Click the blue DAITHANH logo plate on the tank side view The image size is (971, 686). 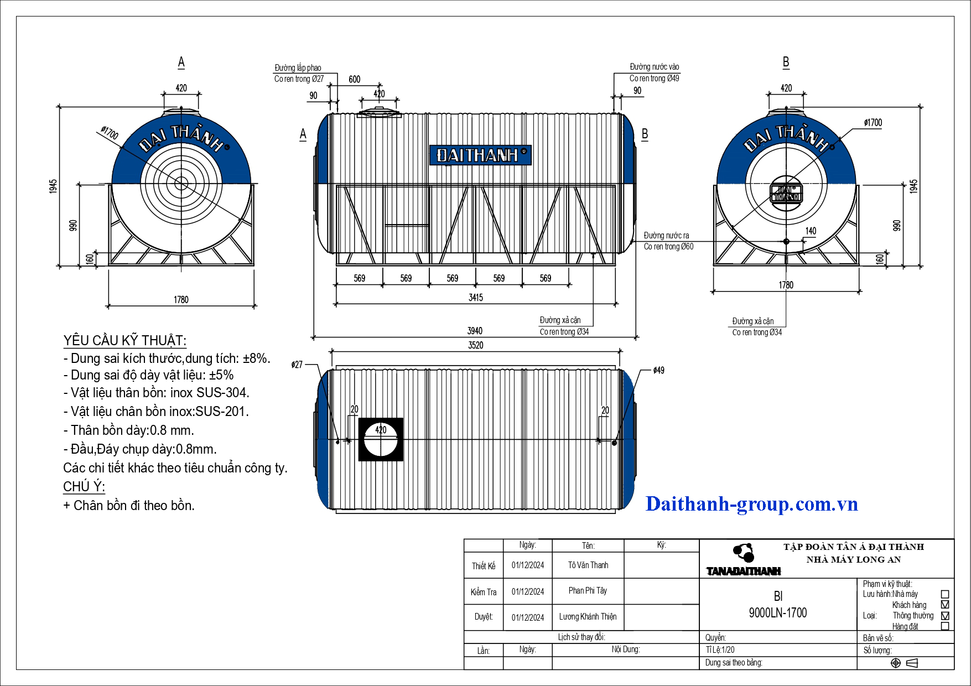tap(480, 155)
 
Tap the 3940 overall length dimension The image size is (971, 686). tap(475, 331)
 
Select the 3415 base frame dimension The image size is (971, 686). tap(476, 298)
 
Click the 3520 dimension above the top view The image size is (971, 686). tap(476, 345)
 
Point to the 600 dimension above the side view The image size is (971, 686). tap(355, 79)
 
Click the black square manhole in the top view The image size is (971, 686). tap(381, 439)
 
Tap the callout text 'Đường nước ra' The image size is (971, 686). tap(666, 235)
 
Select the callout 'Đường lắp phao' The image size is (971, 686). tap(298, 67)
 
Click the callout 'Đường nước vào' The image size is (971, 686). tap(654, 67)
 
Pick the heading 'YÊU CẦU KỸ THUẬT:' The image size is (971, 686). tap(125, 340)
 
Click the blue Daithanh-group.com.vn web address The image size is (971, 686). tap(752, 504)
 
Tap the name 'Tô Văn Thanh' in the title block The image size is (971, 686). tap(588, 565)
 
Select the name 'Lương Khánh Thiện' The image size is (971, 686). tap(588, 616)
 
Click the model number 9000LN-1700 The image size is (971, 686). tap(778, 612)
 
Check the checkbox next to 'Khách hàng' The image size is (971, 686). tap(945, 605)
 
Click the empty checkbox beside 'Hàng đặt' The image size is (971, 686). tap(945, 626)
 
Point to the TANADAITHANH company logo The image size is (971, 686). tap(744, 560)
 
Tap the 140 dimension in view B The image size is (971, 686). tap(811, 231)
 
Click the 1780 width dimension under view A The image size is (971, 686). tap(181, 300)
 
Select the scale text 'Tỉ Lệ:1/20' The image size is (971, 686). tap(720, 649)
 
